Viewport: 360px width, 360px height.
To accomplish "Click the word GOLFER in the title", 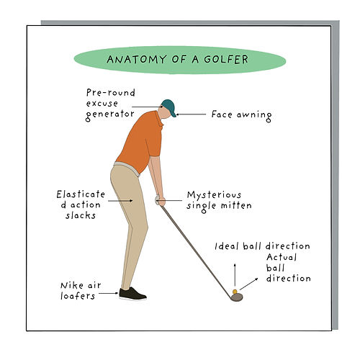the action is pyautogui.click(x=226, y=59).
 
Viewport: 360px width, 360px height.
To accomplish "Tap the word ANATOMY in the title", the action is pyautogui.click(x=137, y=59).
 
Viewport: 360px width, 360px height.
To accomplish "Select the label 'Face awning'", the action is pyautogui.click(x=241, y=115).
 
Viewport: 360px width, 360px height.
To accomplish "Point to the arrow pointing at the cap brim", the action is pyautogui.click(x=191, y=114).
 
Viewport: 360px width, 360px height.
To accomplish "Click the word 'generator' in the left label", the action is pyautogui.click(x=110, y=114).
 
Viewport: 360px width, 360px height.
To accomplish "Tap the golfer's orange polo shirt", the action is pyautogui.click(x=140, y=142).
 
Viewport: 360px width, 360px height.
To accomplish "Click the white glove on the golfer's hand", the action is pyautogui.click(x=158, y=199).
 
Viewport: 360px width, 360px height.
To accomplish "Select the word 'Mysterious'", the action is pyautogui.click(x=214, y=195).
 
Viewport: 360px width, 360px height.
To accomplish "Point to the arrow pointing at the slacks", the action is pyautogui.click(x=120, y=201).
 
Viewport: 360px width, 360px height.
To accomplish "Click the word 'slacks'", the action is pyautogui.click(x=81, y=215).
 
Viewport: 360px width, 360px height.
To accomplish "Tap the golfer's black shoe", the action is pyautogui.click(x=132, y=294).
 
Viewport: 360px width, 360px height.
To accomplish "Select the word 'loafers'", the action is pyautogui.click(x=78, y=296).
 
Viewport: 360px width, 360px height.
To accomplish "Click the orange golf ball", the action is pyautogui.click(x=235, y=292).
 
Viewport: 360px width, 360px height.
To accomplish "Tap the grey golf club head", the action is pyautogui.click(x=237, y=297).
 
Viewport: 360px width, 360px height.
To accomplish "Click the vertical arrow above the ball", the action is pyautogui.click(x=235, y=275).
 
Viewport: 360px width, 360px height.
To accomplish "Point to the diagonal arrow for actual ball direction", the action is pyautogui.click(x=248, y=284).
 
